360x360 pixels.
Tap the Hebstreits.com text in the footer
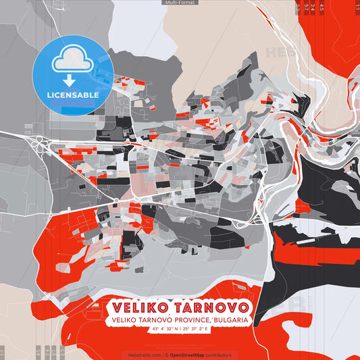coord(143,355)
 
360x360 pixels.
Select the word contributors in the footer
coord(218,355)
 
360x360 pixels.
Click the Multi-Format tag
coord(180,3)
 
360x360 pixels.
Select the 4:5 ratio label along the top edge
coord(322,6)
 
